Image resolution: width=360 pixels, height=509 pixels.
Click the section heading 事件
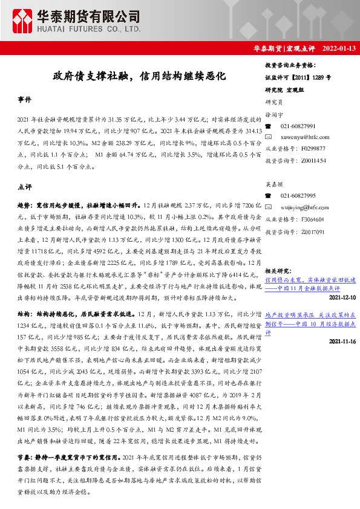point(25,99)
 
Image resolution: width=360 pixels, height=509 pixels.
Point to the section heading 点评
point(25,187)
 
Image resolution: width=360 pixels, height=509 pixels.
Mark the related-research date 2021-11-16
point(342,342)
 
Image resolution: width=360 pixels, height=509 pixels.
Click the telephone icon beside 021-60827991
point(269,126)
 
